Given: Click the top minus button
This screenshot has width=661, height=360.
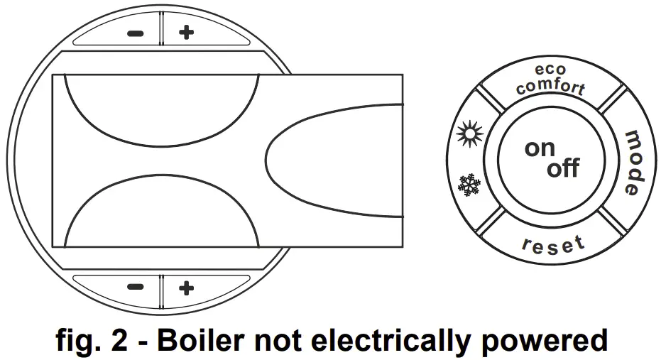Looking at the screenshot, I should (x=135, y=33).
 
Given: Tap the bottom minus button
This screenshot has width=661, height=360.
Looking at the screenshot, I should (x=135, y=287).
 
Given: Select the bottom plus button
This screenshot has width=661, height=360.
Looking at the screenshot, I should (x=186, y=287).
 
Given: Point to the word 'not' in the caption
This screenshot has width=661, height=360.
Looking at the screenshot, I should (x=278, y=340).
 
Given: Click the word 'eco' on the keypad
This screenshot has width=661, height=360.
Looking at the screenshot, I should (x=551, y=70).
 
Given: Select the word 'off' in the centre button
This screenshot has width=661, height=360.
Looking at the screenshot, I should (x=563, y=169).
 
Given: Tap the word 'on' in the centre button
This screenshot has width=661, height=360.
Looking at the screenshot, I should (x=540, y=148).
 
